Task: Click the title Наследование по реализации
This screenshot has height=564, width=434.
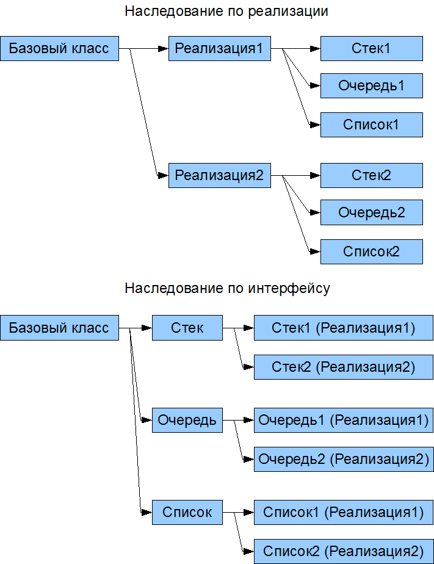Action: pos(226,12)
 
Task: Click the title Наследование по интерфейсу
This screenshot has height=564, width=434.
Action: pos(227,289)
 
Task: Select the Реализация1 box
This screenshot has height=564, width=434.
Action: pos(219,49)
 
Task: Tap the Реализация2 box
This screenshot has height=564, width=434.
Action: pos(219,176)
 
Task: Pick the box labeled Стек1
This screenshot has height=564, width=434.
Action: pos(371,49)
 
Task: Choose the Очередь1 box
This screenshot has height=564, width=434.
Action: pos(371,86)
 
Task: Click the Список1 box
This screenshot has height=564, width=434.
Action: pos(371,125)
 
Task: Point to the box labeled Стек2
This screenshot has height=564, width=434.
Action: pos(371,176)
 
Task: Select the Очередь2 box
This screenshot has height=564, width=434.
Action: pos(371,213)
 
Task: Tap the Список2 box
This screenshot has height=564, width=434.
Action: pos(371,251)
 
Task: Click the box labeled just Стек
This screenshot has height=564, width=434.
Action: pos(187,328)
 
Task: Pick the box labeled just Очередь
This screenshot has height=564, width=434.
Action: pos(187,420)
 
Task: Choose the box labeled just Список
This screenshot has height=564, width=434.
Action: pos(187,512)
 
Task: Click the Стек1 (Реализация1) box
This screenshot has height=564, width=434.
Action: pos(343,328)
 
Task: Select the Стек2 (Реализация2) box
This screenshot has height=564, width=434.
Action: pos(343,367)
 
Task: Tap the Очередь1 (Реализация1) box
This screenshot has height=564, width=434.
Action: pos(343,420)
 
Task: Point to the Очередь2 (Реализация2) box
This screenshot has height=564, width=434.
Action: pos(343,458)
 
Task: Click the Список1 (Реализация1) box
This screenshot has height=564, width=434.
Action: pos(343,512)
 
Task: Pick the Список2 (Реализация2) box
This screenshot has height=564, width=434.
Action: pos(343,551)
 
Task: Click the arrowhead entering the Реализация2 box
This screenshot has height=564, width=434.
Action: pos(163,176)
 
